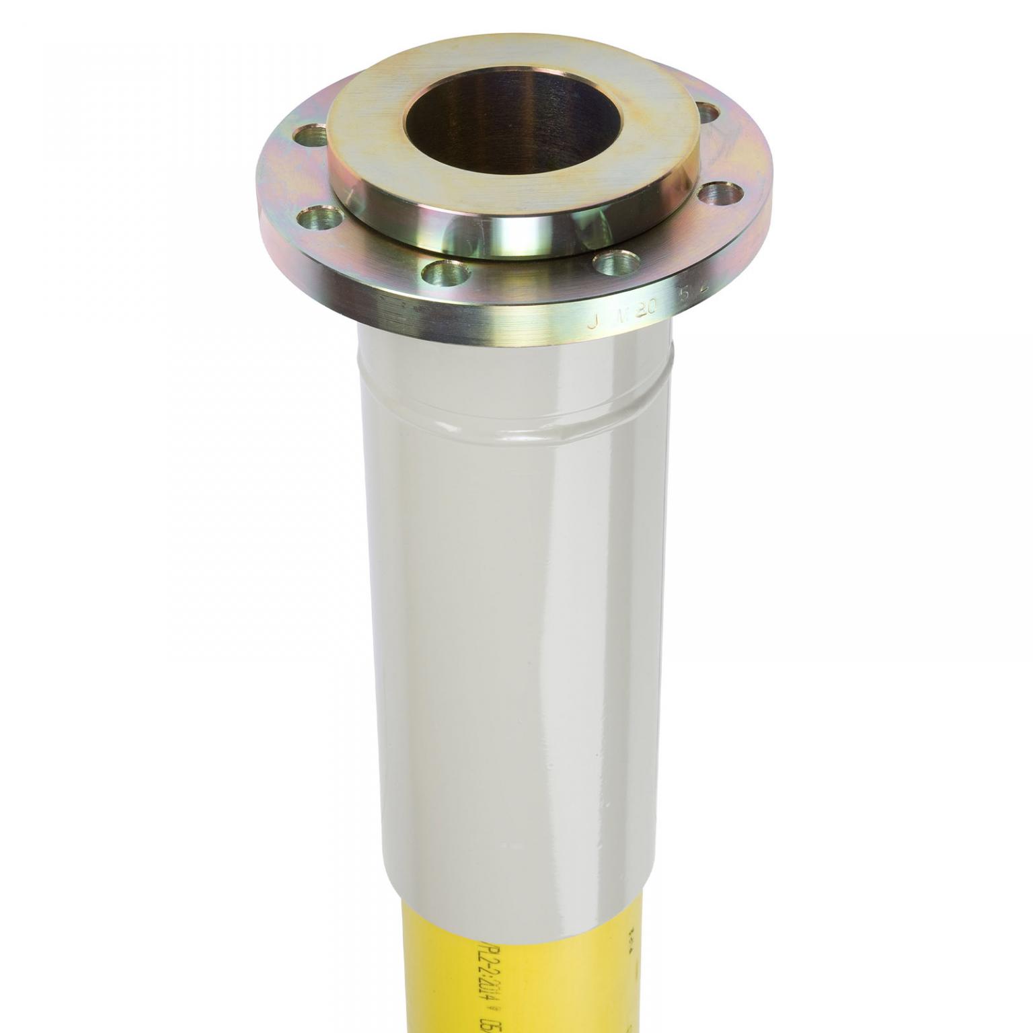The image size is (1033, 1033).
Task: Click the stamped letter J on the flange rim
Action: (x=593, y=321)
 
